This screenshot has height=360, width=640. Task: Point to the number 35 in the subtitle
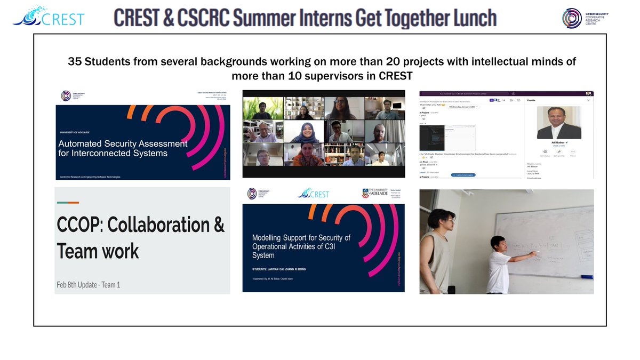[x=75, y=62]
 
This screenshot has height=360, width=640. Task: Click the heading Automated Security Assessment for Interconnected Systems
[x=122, y=148]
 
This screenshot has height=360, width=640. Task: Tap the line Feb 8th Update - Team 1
[x=88, y=285]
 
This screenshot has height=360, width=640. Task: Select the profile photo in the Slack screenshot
[x=558, y=123]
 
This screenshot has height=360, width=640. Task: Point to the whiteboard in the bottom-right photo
[x=549, y=235]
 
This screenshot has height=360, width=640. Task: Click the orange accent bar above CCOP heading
[x=68, y=203]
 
